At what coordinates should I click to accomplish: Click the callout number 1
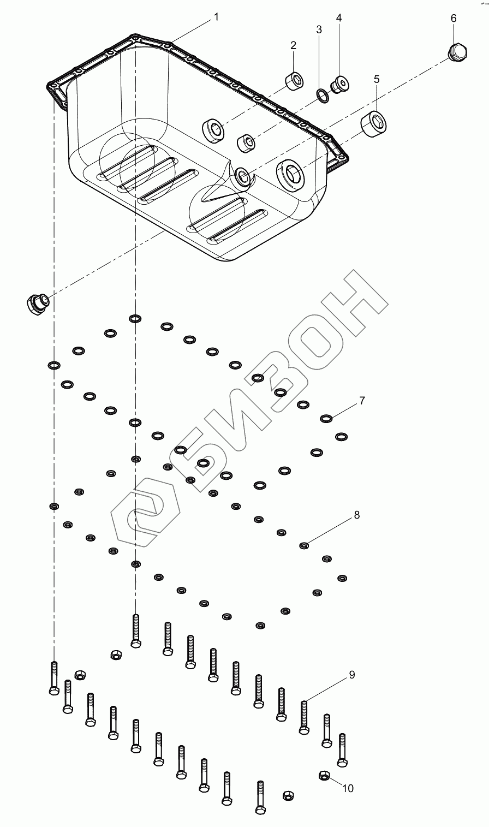point(216,17)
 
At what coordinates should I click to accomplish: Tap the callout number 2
point(293,45)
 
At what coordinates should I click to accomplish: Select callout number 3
point(320,29)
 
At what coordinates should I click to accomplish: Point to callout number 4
point(339,18)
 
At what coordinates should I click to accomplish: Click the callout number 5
point(377,79)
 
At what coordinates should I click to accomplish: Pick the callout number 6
point(454,18)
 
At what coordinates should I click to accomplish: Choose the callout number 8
point(357,515)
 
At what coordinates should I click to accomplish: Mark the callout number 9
point(352,675)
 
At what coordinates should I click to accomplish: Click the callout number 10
point(348,788)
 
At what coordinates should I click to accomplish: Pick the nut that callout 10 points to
point(323,776)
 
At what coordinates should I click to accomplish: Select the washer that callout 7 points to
point(326,419)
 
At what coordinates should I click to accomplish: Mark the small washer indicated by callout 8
point(305,545)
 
